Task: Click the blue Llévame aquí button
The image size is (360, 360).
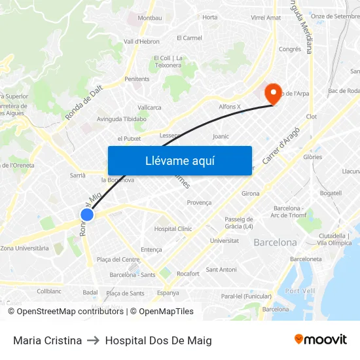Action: (179, 160)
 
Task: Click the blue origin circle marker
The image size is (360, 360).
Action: (87, 214)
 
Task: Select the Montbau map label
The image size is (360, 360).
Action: (150, 18)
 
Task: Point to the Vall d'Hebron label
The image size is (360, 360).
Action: (141, 41)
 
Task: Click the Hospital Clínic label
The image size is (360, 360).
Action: (173, 229)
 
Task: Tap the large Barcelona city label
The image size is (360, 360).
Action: (275, 242)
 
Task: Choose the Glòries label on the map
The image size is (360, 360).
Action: (313, 157)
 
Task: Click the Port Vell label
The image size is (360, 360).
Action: (301, 291)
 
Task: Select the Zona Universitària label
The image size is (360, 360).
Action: (25, 248)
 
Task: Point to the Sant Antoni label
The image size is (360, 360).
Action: (221, 270)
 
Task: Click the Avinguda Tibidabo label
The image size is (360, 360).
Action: (122, 119)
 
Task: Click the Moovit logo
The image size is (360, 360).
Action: (320, 339)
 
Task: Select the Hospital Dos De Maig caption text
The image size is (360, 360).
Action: (158, 340)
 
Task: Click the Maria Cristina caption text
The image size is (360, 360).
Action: (47, 340)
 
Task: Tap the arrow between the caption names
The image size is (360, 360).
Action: (93, 340)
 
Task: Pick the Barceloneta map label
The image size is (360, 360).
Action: (306, 259)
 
